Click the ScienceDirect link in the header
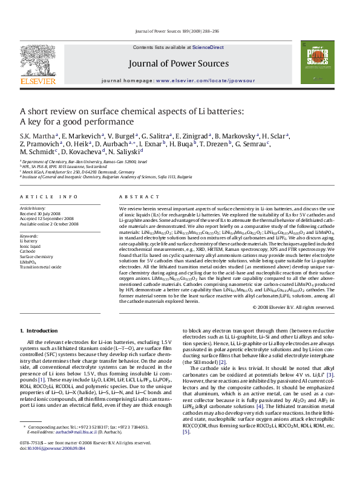coord(208,47)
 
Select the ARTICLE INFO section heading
coord(49,196)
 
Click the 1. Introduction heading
coord(39,331)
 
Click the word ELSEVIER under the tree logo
coord(38,80)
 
